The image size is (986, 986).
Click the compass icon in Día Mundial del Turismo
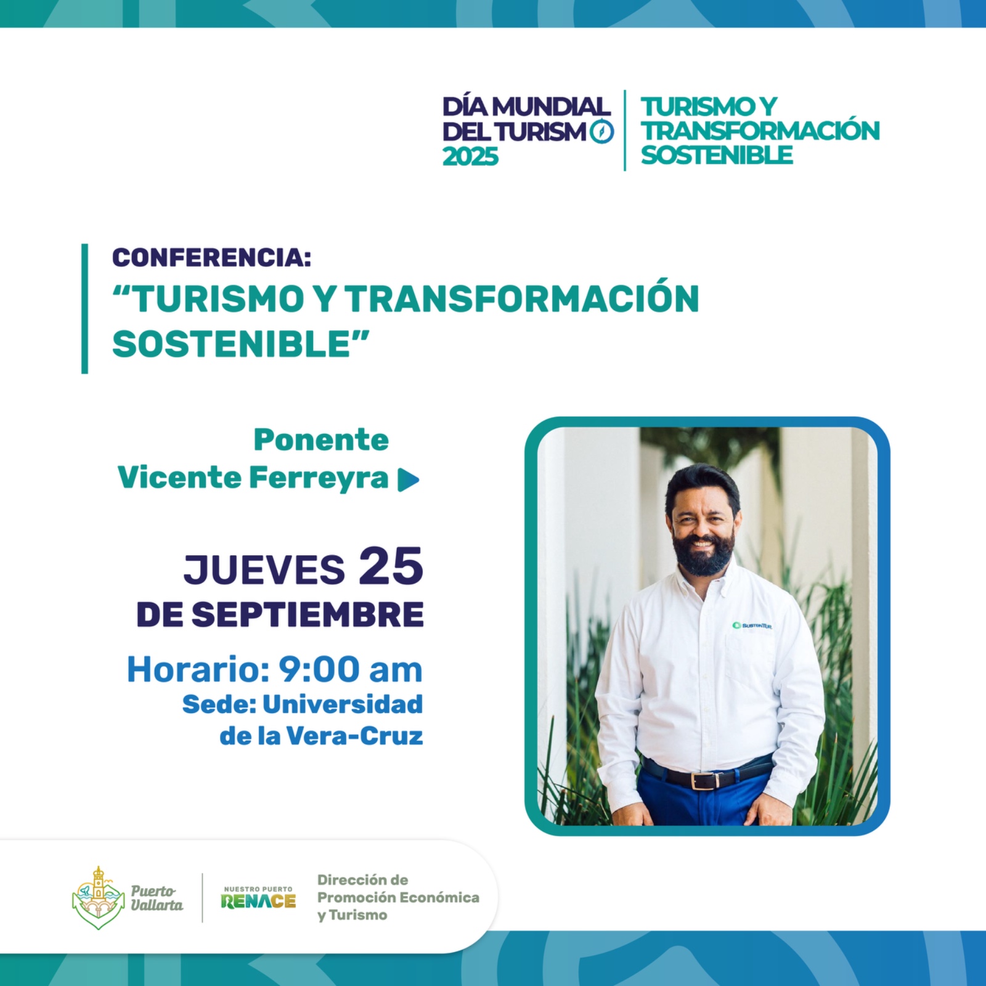[x=602, y=131]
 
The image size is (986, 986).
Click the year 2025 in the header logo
[x=470, y=157]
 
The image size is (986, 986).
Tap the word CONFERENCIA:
[x=211, y=258]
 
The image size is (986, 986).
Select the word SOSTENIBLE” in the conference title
[x=241, y=343]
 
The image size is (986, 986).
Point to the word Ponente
[x=321, y=440]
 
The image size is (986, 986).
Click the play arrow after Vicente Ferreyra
[x=409, y=480]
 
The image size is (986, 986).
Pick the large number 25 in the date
[x=391, y=566]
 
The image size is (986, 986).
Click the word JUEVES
[x=264, y=569]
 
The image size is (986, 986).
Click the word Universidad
[x=343, y=704]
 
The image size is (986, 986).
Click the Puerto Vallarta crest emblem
[x=97, y=897]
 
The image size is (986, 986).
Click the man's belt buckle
[x=703, y=781]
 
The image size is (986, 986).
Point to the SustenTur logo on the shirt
[x=752, y=625]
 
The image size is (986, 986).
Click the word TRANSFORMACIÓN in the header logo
[x=760, y=131]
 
